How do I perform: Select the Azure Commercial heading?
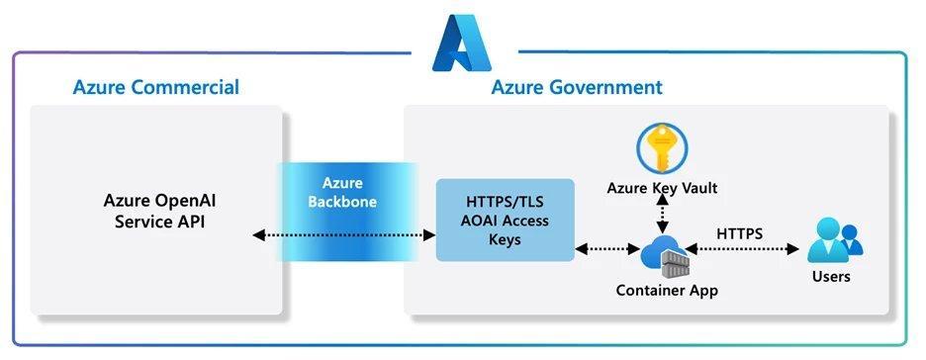coord(155,87)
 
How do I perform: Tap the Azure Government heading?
coord(576,87)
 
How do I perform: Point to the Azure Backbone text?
coord(342,194)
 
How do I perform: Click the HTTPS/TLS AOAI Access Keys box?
coord(505,219)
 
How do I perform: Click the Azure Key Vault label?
coord(662,189)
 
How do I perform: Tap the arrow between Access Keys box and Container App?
coord(605,250)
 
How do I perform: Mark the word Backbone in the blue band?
coord(342,204)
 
